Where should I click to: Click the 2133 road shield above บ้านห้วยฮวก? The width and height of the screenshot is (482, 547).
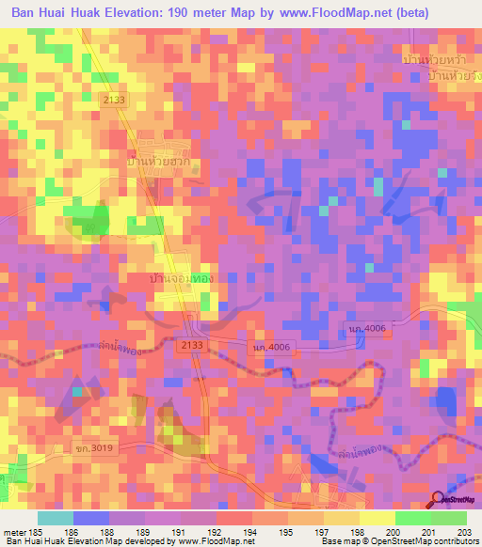139,101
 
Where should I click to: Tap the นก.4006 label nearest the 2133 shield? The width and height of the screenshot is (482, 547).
270,347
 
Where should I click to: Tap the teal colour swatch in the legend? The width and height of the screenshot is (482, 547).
55,518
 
